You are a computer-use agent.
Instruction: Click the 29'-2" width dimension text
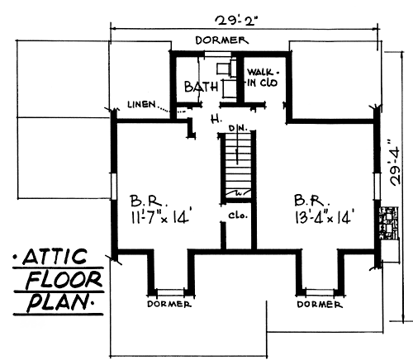coord(237,21)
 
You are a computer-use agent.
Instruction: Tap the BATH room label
coord(201,87)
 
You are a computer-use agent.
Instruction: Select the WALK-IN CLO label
coord(263,78)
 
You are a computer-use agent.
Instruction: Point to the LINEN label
coord(141,104)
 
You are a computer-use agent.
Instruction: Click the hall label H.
coord(216,120)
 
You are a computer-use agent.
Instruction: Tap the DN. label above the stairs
coord(239,128)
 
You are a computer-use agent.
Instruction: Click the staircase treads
coord(238,164)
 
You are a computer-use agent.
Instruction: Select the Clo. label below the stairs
coord(238,216)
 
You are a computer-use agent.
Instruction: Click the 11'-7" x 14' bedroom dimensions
coord(160,217)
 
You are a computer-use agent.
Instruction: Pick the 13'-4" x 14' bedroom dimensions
coord(324,217)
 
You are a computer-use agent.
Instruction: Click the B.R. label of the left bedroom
coord(149,201)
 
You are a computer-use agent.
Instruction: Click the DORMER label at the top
coord(222,40)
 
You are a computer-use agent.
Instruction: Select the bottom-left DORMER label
coord(169,304)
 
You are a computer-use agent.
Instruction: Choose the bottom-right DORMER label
coord(320,304)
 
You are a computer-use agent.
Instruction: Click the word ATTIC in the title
coord(55,257)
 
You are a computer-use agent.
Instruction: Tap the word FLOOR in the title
coord(64,280)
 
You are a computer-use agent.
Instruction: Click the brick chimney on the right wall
coord(389,223)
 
